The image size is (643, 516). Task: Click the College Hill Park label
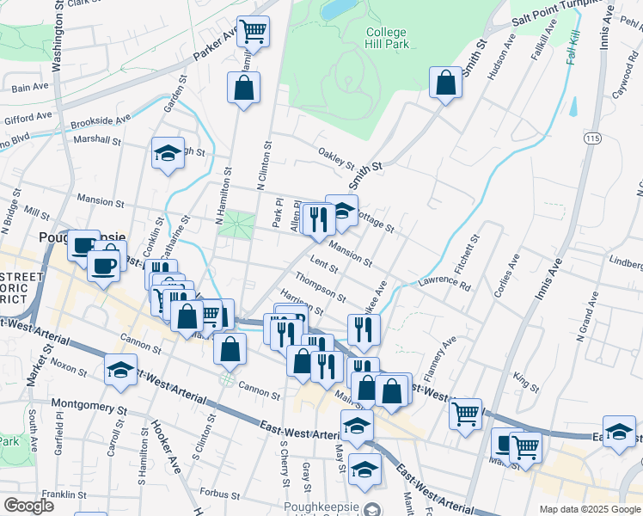385,39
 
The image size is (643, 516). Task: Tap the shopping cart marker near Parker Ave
254,32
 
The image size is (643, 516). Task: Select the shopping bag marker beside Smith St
446,83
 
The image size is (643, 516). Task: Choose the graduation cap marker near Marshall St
168,154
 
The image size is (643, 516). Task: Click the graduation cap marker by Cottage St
341,210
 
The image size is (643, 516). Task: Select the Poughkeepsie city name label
82,236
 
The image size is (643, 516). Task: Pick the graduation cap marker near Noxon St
120,369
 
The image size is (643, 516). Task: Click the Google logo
28,506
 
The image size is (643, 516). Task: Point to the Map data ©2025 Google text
589,509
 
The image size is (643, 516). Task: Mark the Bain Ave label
30,86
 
